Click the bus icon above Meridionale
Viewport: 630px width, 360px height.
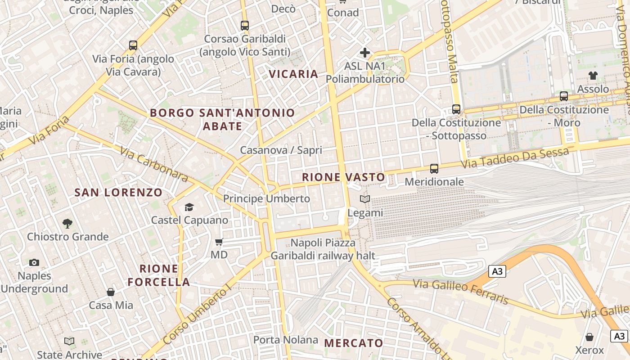point(434,169)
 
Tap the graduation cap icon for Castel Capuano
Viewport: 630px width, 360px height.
point(189,207)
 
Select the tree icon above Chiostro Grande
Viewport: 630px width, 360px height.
point(67,223)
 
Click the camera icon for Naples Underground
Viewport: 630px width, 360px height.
point(34,262)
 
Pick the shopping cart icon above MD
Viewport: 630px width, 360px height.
point(219,242)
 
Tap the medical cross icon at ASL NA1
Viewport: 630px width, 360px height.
point(365,53)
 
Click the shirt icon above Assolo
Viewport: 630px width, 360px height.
point(593,75)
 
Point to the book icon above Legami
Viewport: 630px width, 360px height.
point(365,199)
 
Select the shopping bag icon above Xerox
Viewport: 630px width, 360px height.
point(589,337)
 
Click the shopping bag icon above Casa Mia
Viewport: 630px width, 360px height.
point(111,292)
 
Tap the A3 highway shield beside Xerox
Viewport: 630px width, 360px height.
point(619,336)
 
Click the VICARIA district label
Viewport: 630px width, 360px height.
point(293,74)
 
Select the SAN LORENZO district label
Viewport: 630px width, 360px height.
point(118,193)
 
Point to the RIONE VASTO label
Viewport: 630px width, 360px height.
point(343,177)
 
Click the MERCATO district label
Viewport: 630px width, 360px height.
point(354,343)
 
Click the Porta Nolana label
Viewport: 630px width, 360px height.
point(286,340)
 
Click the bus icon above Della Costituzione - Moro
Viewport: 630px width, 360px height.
point(564,96)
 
